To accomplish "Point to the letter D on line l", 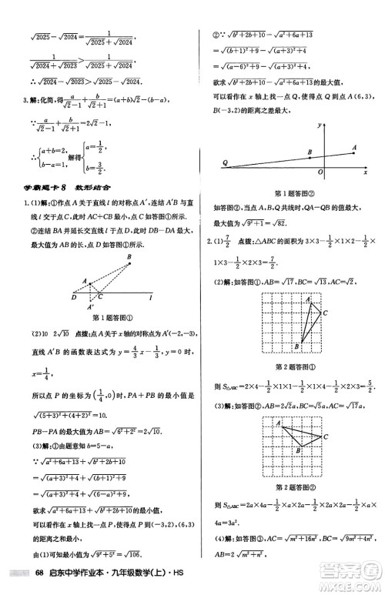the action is tap(72, 296).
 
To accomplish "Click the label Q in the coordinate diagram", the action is tap(225, 162).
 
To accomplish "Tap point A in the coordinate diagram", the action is tap(354, 147).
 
